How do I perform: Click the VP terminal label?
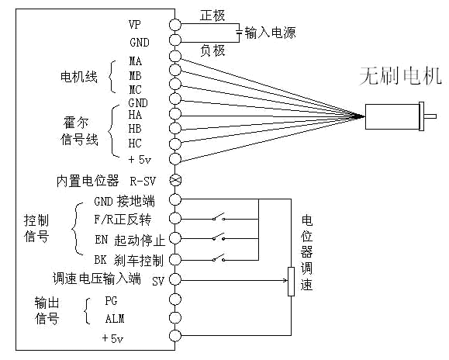coord(134,25)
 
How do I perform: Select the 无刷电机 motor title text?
coord(399,76)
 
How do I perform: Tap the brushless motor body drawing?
coord(395,116)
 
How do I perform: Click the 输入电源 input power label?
coord(270,33)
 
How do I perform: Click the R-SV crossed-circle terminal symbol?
coord(175,180)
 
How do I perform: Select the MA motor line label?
coord(135,61)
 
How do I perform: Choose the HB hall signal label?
coord(135,130)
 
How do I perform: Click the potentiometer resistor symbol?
coord(291,281)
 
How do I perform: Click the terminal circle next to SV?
coord(175,279)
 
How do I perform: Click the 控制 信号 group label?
coord(36,228)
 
